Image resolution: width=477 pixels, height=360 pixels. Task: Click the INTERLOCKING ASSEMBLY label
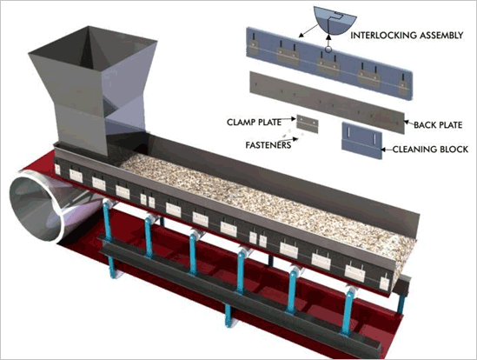coord(407,36)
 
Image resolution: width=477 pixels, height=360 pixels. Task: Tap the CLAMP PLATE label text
coord(254,122)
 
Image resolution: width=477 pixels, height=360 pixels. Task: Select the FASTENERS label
coord(268,144)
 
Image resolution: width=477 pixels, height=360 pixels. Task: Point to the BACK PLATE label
coord(438,125)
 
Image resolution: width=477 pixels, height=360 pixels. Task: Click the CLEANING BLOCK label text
coord(430,150)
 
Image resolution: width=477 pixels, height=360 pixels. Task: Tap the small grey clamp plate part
coord(308,123)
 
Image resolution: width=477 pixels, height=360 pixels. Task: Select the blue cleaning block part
coord(361,140)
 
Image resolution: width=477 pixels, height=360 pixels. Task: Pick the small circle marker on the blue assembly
coord(328,49)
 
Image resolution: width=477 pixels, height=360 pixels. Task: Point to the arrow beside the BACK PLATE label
coord(408,123)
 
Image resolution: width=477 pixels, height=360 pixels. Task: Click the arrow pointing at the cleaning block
coord(387,150)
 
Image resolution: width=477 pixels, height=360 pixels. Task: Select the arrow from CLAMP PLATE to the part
coord(288,119)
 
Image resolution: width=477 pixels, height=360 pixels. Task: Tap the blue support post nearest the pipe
coord(109,237)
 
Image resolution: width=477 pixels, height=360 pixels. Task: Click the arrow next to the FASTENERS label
coord(295,140)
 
